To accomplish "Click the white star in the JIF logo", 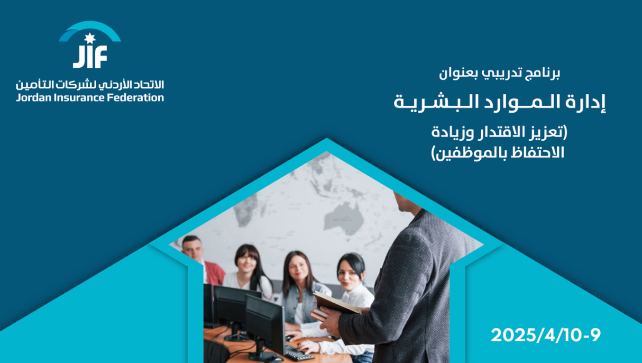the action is point(90,38).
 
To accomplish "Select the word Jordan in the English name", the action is point(34,98).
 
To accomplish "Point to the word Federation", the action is point(135,98).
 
